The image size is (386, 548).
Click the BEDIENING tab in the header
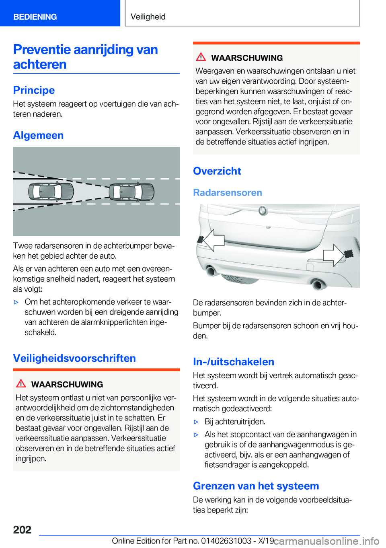coord(35,17)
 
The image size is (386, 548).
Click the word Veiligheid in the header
coord(148,17)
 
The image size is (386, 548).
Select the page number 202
coord(22,529)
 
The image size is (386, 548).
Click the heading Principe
coord(34,90)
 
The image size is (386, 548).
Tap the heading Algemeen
coord(38,135)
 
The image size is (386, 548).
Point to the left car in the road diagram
coord(51,192)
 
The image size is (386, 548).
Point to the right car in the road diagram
coord(131,192)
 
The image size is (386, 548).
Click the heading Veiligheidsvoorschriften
coord(74,358)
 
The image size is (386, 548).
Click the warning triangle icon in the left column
coord(21,384)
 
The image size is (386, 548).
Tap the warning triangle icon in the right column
coord(201,57)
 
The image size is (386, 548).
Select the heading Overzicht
coord(217,171)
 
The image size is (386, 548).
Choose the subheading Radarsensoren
coord(228,193)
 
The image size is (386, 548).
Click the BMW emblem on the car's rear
coord(263,210)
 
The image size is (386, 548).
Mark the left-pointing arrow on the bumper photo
coord(214,240)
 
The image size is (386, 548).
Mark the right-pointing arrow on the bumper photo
coord(333,255)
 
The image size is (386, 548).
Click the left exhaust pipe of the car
coord(211,271)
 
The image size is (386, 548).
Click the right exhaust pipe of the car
coord(317,284)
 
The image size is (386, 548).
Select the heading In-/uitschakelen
coord(234,362)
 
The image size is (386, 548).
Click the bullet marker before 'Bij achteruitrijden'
coord(197,422)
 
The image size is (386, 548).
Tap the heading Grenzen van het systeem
coord(256,486)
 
